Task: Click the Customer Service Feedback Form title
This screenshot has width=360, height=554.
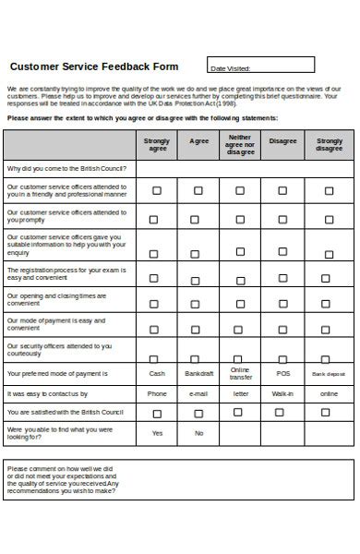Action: [93, 66]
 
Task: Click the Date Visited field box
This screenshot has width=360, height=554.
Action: [260, 66]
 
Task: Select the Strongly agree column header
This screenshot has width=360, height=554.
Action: [158, 145]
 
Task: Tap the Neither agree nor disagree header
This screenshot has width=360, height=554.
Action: [240, 145]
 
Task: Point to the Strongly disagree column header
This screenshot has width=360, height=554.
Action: [329, 145]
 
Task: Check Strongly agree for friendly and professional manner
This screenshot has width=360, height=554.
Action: [156, 191]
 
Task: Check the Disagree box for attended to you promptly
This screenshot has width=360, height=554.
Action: [282, 220]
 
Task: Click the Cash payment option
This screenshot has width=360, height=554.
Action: [157, 374]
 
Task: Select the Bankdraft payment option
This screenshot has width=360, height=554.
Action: [198, 374]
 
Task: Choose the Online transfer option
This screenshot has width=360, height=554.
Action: [240, 374]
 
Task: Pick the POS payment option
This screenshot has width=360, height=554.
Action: [282, 374]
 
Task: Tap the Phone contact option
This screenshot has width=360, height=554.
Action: [157, 393]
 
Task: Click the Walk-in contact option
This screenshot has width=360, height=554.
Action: [282, 393]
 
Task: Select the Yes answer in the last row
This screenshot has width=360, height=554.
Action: [157, 433]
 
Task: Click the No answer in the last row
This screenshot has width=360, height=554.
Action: [198, 433]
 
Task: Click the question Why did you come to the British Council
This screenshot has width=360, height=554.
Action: [67, 169]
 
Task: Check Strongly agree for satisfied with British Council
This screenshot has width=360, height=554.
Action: [156, 414]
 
